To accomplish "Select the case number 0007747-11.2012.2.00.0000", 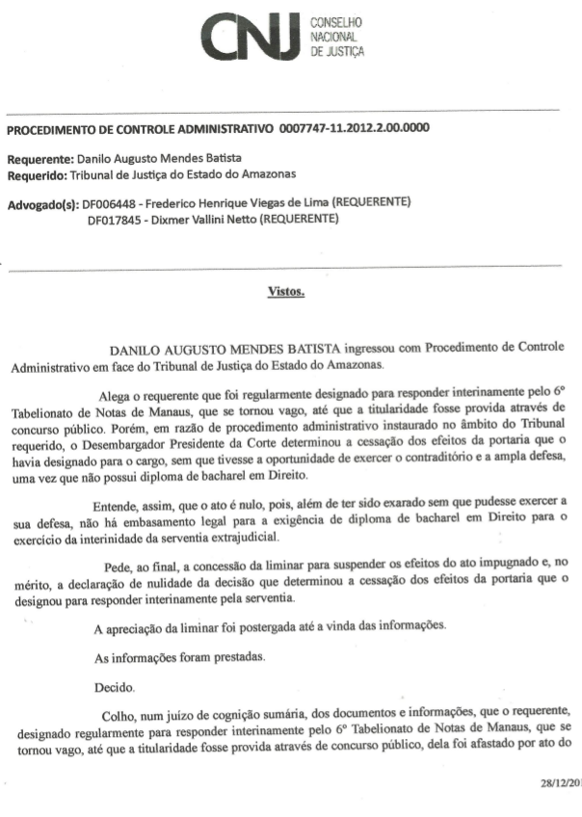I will (x=354, y=128).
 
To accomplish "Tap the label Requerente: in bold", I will (x=40, y=159).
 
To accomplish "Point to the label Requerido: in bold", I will (x=37, y=174).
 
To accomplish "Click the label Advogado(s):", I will (x=43, y=204).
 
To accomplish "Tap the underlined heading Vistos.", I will (x=286, y=290).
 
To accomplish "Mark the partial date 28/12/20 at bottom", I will (x=557, y=783).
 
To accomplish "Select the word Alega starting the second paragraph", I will (x=117, y=394).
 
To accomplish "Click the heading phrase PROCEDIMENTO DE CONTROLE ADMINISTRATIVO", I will (x=141, y=128).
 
